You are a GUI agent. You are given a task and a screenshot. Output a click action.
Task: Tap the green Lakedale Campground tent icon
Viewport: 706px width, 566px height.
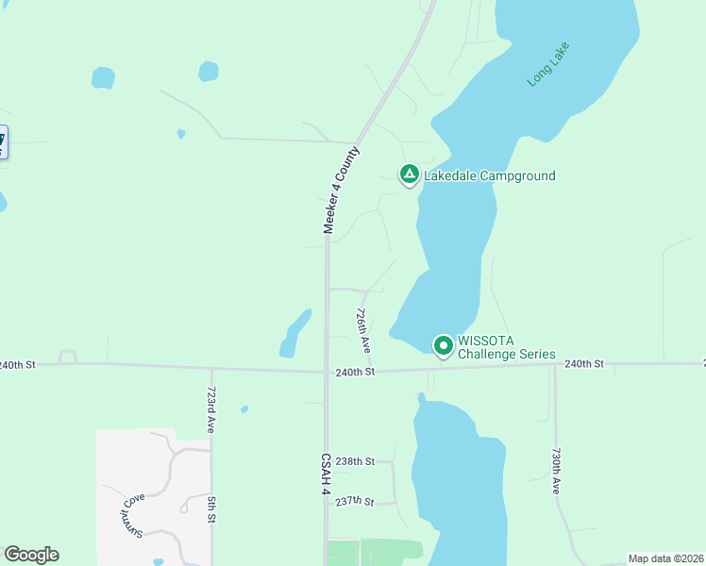tap(409, 175)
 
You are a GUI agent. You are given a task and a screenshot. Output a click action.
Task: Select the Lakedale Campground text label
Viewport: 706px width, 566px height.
tap(489, 175)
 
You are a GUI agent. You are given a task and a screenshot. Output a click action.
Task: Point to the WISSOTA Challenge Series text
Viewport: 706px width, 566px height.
tap(506, 347)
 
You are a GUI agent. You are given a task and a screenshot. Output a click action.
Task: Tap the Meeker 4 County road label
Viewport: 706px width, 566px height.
tap(342, 190)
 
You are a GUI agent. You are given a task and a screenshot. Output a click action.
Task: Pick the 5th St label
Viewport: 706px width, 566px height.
tap(212, 509)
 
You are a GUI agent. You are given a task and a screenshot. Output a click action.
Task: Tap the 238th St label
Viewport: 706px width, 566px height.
tap(356, 461)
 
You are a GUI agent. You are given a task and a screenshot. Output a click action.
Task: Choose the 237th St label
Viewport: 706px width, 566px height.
tap(356, 501)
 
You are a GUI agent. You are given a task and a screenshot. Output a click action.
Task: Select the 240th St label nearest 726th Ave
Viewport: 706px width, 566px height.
tap(356, 373)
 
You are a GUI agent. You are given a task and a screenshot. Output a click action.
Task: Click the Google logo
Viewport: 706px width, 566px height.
tap(31, 555)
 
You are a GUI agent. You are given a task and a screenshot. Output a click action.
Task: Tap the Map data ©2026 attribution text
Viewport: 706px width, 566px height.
tap(665, 558)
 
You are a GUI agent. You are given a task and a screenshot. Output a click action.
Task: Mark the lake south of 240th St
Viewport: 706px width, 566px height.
tap(458, 472)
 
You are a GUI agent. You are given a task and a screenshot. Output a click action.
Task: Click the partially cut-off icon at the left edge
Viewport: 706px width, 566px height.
tap(3, 141)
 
